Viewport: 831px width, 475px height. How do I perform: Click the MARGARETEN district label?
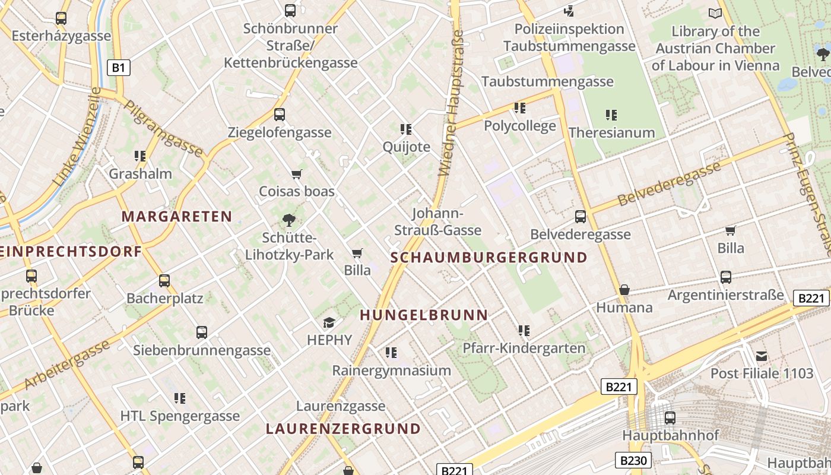(x=176, y=217)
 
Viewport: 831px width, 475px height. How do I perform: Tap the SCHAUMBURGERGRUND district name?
(x=489, y=258)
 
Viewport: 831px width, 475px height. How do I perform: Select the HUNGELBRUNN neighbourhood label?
(x=424, y=315)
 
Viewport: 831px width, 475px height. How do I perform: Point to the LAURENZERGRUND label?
(x=343, y=429)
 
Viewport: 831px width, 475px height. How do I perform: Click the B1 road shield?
(x=118, y=68)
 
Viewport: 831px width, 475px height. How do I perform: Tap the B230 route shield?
(x=633, y=460)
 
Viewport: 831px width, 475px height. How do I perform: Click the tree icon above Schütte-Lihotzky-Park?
(x=289, y=220)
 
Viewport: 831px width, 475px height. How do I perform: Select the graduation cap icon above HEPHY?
(x=329, y=322)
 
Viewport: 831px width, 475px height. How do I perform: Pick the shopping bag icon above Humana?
(x=624, y=290)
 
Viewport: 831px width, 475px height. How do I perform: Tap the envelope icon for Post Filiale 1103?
(x=762, y=356)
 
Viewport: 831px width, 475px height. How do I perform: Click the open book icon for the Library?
(x=715, y=13)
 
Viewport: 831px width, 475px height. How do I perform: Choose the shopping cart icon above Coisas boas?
(x=297, y=174)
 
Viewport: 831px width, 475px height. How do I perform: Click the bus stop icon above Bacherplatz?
(x=164, y=280)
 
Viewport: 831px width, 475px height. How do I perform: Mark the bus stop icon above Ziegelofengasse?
(x=279, y=114)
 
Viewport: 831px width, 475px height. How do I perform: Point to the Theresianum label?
(x=611, y=132)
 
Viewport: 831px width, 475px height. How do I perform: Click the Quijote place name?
(x=406, y=147)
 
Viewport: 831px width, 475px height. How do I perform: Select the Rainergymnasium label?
(x=391, y=370)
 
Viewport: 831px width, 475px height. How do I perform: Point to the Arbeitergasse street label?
(x=67, y=364)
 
